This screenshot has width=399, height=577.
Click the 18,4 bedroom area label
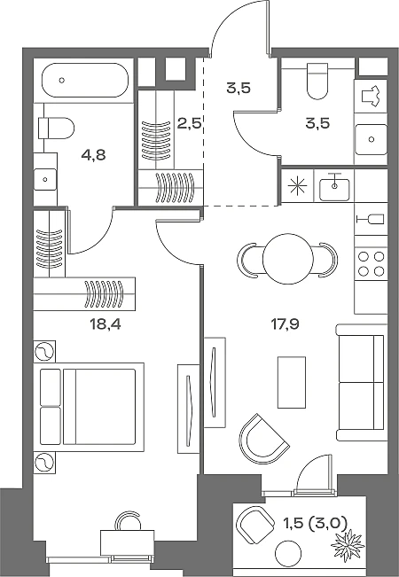coord(106,324)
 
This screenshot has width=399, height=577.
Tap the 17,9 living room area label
coord(285,324)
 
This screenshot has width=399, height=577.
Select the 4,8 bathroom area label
coord(93,155)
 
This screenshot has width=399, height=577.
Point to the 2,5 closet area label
coord(189,124)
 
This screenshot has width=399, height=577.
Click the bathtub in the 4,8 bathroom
coord(85,81)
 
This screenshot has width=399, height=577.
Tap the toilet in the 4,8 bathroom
coord(56,128)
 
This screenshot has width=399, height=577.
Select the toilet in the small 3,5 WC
coord(317,81)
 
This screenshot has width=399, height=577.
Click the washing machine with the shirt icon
coord(371,97)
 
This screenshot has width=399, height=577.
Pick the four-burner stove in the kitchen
coord(371,263)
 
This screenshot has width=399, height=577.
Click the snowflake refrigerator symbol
coord(297,186)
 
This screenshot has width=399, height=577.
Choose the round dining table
coord(288,259)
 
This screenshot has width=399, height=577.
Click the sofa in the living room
coord(362,382)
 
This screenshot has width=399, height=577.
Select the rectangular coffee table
coord(292,382)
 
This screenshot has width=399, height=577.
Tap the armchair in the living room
coord(263,439)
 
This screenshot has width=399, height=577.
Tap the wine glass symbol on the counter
coord(371,219)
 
